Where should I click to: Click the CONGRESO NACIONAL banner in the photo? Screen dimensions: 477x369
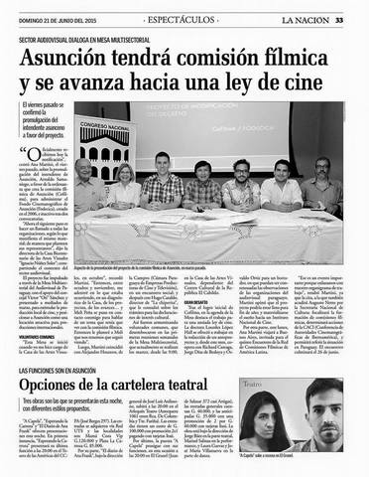coord(102,128)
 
